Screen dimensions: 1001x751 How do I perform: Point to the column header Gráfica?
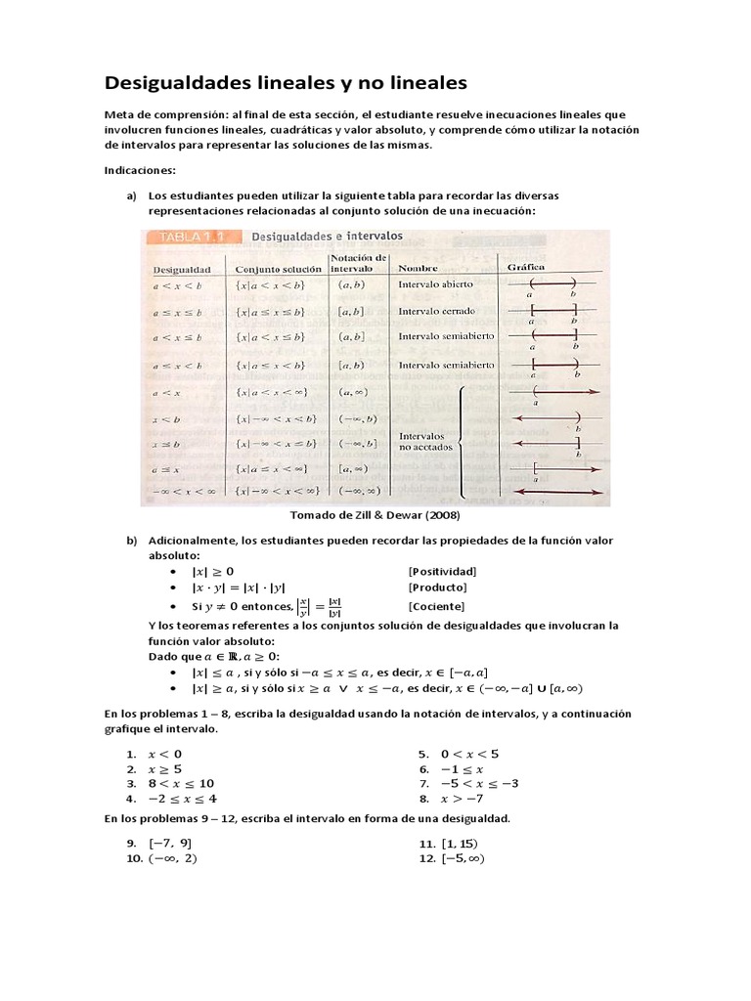tap(525, 267)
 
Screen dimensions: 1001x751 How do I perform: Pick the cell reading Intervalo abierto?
tap(435, 284)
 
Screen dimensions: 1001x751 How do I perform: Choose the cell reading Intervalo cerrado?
tap(436, 312)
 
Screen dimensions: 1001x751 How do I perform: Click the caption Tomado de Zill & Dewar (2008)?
tap(375, 515)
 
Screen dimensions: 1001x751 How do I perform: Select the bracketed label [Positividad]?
tap(442, 571)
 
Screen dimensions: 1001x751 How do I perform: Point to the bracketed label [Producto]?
tap(437, 588)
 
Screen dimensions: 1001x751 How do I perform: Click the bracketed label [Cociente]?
tap(436, 606)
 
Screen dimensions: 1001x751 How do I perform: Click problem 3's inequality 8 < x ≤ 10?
tap(181, 784)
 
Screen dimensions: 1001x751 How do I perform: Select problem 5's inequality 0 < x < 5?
tap(469, 754)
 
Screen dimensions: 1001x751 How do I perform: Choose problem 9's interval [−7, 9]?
tap(170, 843)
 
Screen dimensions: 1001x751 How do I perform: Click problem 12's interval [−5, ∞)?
tap(463, 858)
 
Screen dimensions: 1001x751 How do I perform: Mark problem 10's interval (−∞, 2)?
tap(173, 858)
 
